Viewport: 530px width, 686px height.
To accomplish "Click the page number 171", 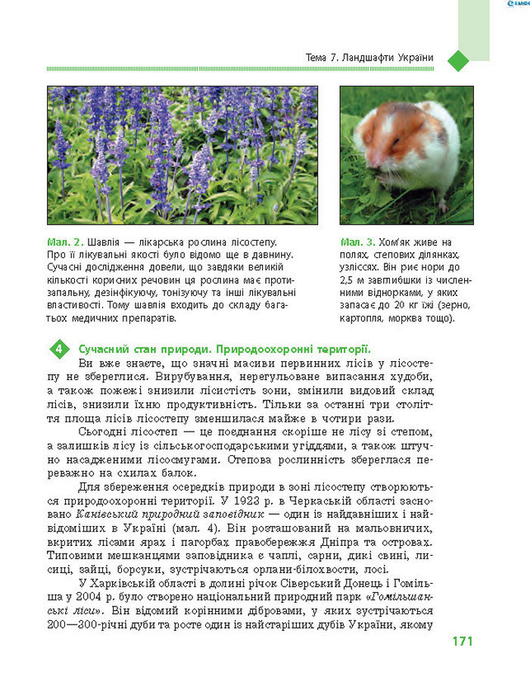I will [x=463, y=641].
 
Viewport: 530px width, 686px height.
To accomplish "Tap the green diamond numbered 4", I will [x=59, y=349].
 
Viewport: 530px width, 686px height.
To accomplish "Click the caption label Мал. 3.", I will [x=358, y=242].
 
